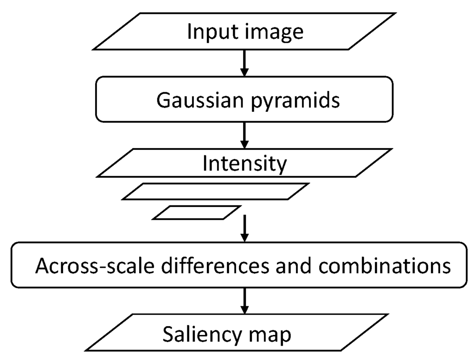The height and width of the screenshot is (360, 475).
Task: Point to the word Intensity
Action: pos(245,164)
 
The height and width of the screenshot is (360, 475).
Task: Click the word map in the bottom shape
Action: pos(271,335)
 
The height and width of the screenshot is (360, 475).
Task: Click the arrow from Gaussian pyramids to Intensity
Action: pos(244,135)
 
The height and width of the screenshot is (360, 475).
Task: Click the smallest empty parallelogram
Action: pos(197,212)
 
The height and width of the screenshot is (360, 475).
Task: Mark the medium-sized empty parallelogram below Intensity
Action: pos(215,192)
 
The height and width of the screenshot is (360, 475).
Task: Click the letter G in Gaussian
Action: pos(163,100)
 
